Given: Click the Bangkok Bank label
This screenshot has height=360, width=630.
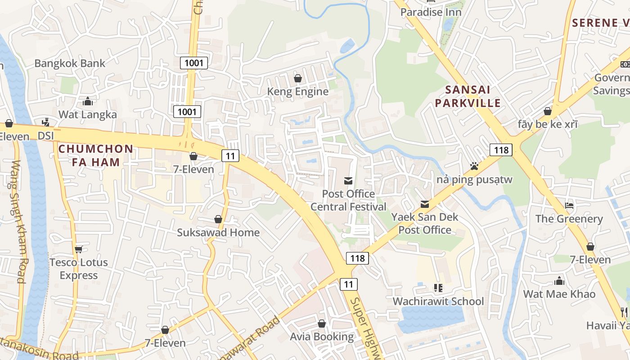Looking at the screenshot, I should tap(70, 63).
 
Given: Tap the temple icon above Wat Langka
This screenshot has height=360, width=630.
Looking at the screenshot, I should tap(88, 101).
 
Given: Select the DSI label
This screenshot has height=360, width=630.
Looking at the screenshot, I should tap(45, 135).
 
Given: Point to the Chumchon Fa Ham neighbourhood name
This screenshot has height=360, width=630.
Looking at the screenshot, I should tap(95, 155).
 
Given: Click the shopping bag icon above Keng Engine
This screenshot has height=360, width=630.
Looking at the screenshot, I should tap(297, 79).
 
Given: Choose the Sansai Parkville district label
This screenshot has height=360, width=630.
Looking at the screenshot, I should tap(472, 96).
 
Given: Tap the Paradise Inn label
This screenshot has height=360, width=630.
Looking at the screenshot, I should tap(431, 12).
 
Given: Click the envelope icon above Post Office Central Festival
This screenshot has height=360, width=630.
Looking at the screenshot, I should tap(348, 181).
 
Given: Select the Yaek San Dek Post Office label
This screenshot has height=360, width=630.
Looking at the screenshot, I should tap(425, 223).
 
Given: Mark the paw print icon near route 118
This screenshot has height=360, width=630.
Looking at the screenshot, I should tap(474, 166).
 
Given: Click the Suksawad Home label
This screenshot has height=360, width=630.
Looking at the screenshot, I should tap(218, 233).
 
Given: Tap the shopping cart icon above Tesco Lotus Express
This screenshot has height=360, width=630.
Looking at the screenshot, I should tap(79, 249).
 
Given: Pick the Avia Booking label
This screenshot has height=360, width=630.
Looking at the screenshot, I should tap(322, 337).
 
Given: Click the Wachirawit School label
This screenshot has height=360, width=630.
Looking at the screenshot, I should tap(438, 301).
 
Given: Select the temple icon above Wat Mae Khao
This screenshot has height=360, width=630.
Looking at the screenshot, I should tap(559, 281).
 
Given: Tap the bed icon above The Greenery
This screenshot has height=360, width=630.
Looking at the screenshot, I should tap(569, 206).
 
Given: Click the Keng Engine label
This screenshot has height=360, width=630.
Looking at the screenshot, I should tap(298, 92).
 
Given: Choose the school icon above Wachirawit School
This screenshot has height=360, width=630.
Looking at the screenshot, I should tap(438, 288).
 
